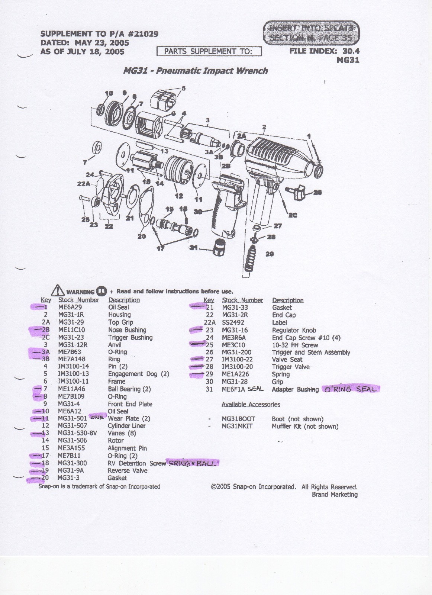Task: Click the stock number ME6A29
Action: [x=70, y=307]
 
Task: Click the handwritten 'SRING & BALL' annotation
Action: [x=193, y=463]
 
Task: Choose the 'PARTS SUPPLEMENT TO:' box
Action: [x=209, y=51]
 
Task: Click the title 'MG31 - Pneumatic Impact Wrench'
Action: [x=195, y=71]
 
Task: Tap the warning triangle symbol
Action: [x=58, y=290]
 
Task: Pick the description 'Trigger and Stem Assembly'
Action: [x=311, y=352]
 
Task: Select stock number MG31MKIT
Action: [x=237, y=427]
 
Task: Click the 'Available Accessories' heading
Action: [x=251, y=404]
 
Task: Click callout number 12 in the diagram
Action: [x=179, y=196]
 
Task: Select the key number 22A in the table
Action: [x=210, y=322]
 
